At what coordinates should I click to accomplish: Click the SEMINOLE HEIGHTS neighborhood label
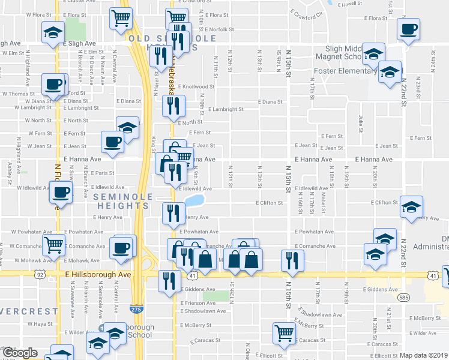(x=120, y=201)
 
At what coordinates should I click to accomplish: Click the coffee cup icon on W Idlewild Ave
(x=60, y=193)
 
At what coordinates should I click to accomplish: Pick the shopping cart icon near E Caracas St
(x=283, y=331)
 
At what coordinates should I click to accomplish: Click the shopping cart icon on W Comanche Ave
(x=53, y=245)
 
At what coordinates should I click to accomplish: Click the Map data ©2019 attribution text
(x=424, y=355)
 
